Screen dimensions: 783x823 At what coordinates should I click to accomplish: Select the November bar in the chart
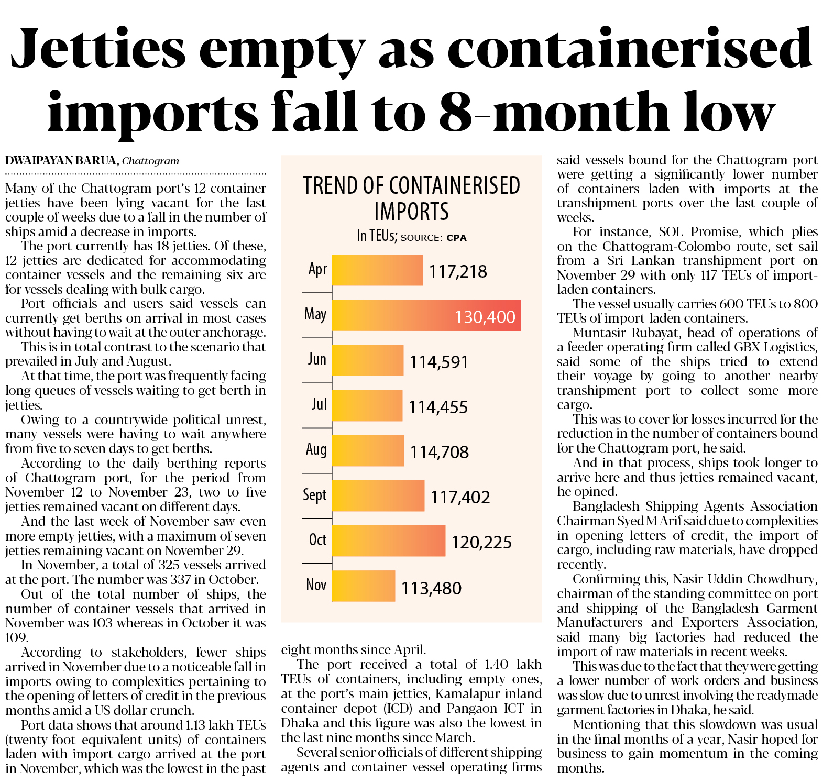tap(364, 586)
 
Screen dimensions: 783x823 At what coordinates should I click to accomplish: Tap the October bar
tap(388, 541)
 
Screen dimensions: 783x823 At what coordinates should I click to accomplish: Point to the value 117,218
tap(458, 271)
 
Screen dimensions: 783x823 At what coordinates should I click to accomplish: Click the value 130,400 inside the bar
tap(485, 317)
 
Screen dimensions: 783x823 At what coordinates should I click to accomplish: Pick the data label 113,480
tap(431, 588)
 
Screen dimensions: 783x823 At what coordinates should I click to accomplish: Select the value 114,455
tap(438, 407)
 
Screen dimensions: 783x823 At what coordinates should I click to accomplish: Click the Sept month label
tap(315, 495)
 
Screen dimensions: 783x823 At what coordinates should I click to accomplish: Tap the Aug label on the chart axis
tap(316, 449)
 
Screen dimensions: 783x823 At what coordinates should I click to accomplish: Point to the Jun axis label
tap(317, 359)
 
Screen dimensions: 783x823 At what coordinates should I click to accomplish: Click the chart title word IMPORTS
tap(411, 212)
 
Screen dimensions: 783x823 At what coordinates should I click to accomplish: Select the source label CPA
tap(456, 238)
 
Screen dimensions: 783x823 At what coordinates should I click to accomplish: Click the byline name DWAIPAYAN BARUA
tap(61, 161)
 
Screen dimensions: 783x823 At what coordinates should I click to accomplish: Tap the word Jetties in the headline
tap(98, 48)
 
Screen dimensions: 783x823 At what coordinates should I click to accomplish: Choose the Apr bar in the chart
tap(377, 270)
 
